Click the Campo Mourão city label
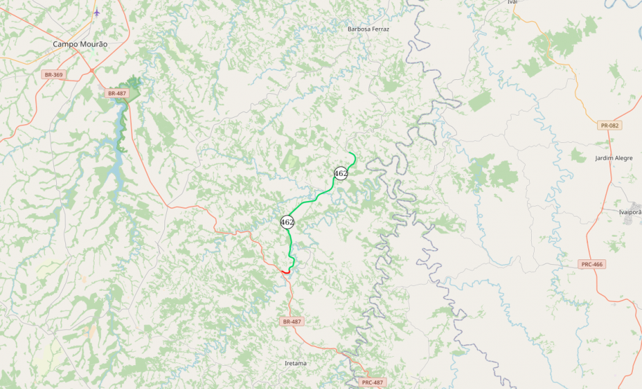tap(80, 43)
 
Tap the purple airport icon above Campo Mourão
tap(97, 13)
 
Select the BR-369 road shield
tap(53, 74)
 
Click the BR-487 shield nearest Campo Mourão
tap(117, 93)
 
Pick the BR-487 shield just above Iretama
tap(291, 322)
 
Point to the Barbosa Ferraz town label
tap(368, 29)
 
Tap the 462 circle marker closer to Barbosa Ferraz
tap(341, 173)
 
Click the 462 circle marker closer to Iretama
tap(287, 222)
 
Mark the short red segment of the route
tap(286, 271)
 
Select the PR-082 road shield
tap(609, 125)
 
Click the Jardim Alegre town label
tap(613, 158)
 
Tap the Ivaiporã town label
tap(629, 212)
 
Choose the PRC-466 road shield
tap(592, 264)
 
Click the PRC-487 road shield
tap(373, 382)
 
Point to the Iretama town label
tap(295, 364)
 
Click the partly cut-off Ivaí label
tap(512, 2)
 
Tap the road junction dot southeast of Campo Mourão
tap(91, 70)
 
